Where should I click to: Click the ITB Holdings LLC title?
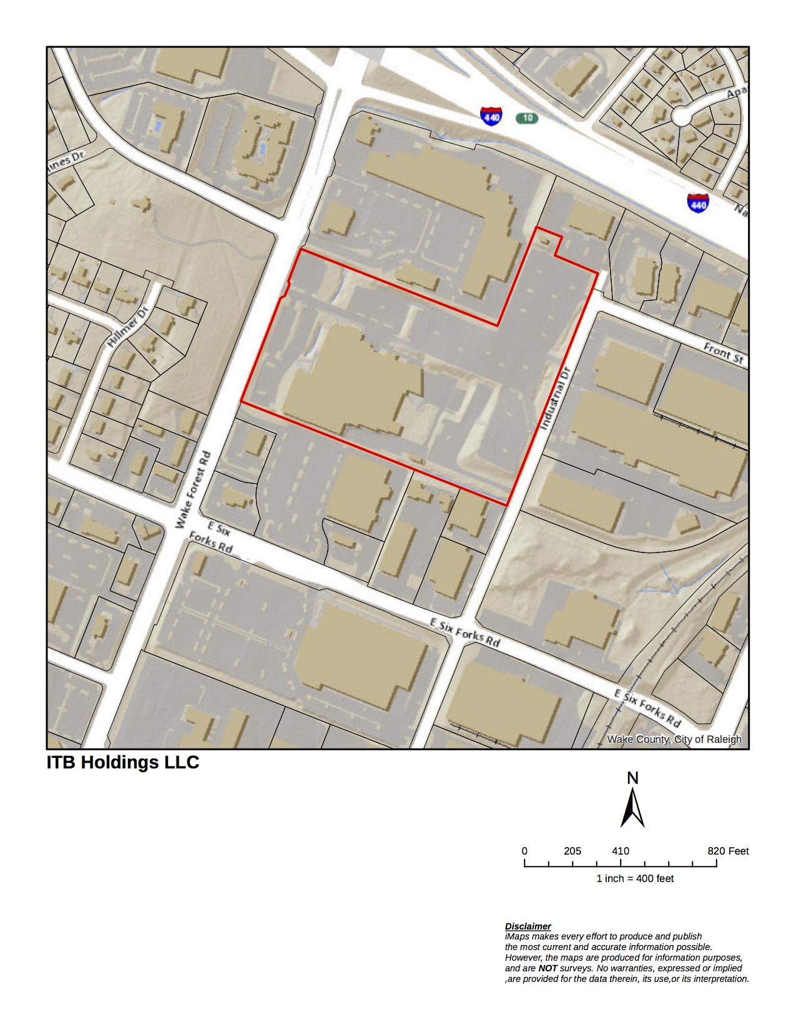tap(123, 762)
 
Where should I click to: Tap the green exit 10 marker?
tap(527, 118)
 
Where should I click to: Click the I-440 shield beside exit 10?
tap(491, 116)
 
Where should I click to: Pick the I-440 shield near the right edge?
tap(698, 203)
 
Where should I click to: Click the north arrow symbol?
tap(632, 808)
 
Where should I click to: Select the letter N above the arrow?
tap(632, 778)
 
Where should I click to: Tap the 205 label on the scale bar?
tap(572, 851)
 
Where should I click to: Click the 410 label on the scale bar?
tap(621, 851)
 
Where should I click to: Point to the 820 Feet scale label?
tap(728, 851)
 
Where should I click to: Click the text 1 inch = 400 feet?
tap(635, 878)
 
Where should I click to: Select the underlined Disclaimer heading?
tap(528, 926)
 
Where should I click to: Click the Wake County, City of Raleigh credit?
tap(674, 739)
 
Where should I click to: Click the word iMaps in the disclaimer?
tap(517, 936)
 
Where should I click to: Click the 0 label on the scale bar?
tap(524, 851)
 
